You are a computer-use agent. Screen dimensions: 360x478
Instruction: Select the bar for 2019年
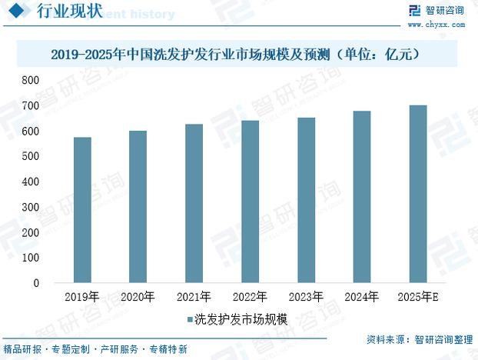(x=82, y=210)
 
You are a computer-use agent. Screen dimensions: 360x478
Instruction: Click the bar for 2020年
(x=138, y=207)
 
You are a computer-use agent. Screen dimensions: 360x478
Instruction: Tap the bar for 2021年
(x=194, y=203)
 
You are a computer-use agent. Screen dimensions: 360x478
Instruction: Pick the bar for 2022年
(x=250, y=202)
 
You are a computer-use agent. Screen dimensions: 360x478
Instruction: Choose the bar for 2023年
(x=306, y=200)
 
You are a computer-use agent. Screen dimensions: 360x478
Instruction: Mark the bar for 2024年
(x=362, y=197)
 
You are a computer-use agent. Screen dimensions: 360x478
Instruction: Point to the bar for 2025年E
(x=418, y=194)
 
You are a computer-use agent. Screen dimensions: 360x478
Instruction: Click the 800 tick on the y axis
(x=31, y=81)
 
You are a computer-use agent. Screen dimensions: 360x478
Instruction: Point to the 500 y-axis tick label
(x=31, y=157)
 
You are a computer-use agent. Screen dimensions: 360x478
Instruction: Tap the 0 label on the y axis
(x=35, y=283)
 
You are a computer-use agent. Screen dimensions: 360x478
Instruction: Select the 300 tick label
(x=31, y=208)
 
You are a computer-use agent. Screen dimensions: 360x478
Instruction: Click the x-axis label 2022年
(x=250, y=296)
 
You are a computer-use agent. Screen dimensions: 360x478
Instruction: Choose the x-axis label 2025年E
(x=418, y=296)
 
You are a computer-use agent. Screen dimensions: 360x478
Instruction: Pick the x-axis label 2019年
(x=82, y=296)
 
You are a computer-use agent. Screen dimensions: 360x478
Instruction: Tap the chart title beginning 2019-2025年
(x=239, y=55)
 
